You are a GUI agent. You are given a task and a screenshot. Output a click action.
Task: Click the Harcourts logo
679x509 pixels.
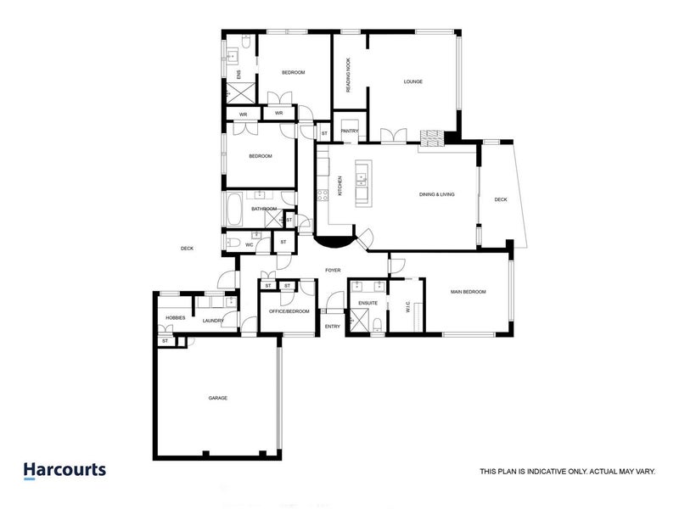tap(65, 470)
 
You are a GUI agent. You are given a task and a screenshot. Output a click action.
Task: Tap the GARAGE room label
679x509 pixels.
tap(218, 398)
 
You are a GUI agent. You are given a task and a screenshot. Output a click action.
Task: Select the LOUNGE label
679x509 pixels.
tap(413, 81)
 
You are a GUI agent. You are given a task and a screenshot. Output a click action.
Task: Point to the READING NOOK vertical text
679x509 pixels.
tap(349, 76)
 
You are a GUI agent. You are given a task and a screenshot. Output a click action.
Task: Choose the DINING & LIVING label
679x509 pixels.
tap(437, 194)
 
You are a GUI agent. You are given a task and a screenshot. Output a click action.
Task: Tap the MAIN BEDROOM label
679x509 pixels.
tap(468, 292)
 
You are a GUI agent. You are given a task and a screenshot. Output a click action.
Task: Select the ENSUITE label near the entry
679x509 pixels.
tap(368, 303)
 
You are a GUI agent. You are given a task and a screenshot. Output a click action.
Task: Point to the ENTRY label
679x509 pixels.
tap(333, 326)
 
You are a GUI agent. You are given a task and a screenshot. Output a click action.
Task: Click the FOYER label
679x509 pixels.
tap(333, 271)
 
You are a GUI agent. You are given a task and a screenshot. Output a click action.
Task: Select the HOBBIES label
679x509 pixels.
tap(176, 317)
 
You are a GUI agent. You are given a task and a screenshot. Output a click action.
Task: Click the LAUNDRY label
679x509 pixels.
tap(213, 321)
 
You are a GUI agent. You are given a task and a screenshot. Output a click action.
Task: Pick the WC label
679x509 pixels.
tap(250, 245)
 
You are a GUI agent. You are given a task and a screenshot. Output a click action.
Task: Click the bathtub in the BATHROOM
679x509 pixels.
tap(234, 208)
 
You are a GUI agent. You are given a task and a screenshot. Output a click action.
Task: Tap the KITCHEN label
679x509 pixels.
tap(341, 186)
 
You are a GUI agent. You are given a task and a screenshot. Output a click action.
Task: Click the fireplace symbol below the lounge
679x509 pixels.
tap(432, 138)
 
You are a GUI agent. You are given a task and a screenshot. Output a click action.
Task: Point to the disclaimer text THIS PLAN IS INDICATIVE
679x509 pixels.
tap(567, 472)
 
